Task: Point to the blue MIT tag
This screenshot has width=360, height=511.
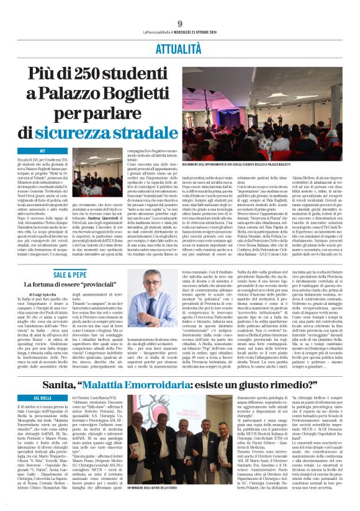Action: tap(43, 151)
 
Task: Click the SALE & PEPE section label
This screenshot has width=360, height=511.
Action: tap(69, 274)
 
